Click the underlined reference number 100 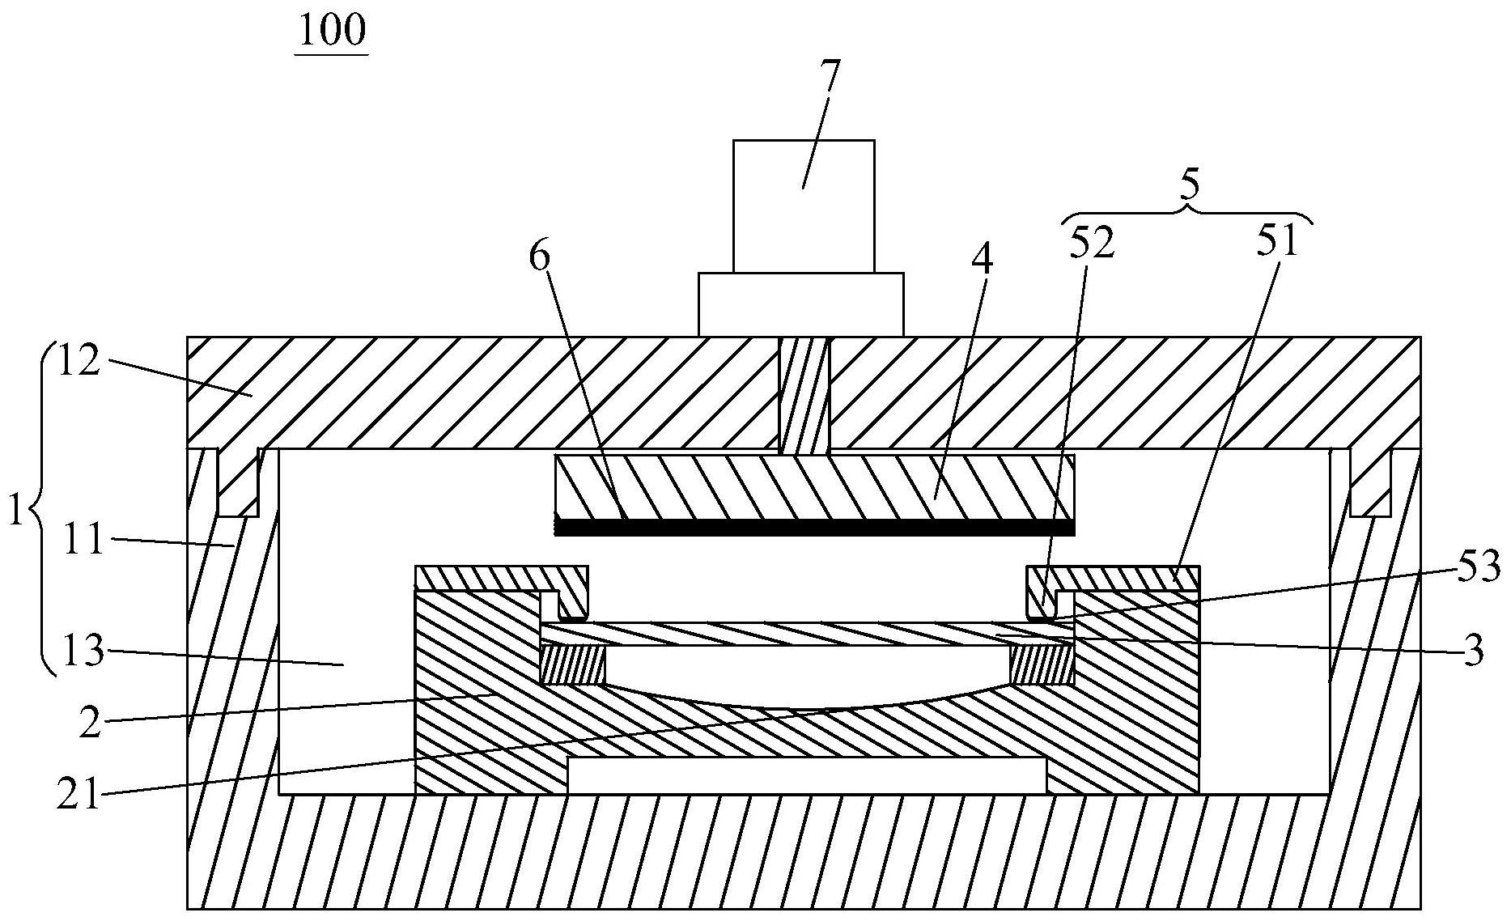[x=332, y=30]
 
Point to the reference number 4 [x=983, y=260]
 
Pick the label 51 [x=1278, y=240]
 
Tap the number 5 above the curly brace [x=1189, y=186]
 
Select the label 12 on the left [x=79, y=361]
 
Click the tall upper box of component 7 [x=803, y=206]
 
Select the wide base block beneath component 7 [x=800, y=304]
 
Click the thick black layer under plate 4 [x=813, y=528]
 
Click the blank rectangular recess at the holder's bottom [x=806, y=775]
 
